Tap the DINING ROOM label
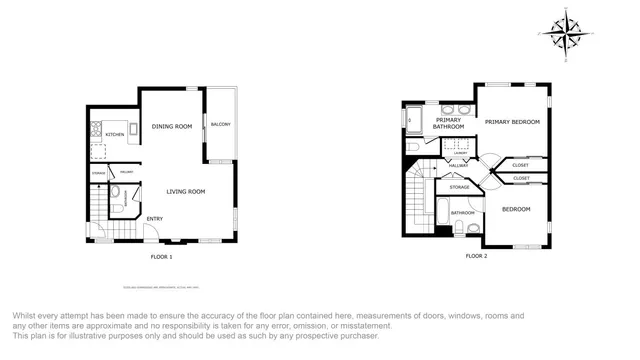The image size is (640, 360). pos(171,127)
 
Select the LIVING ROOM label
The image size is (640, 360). pos(185,191)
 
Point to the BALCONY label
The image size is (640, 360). pos(220,124)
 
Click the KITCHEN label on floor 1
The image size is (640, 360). pos(115,134)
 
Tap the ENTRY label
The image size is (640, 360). pos(155,218)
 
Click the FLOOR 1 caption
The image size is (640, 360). pos(161,257)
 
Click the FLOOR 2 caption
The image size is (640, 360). pos(476,256)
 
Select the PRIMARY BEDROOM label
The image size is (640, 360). pos(512,122)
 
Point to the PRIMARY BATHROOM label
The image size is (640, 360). pos(448,124)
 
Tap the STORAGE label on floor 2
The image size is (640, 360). pos(459,187)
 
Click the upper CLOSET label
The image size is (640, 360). pos(520,165)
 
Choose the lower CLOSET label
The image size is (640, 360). pos(521,178)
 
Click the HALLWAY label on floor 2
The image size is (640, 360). pos(458,165)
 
